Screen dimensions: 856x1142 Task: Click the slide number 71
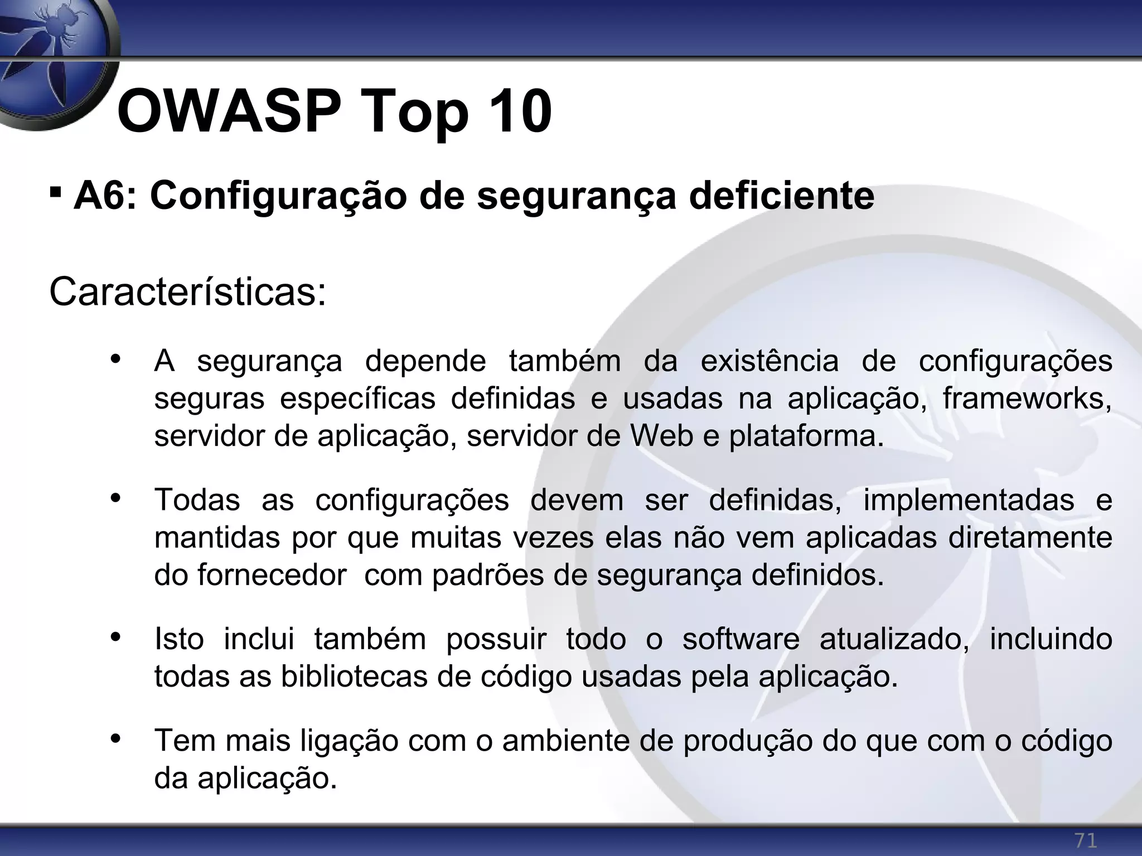click(x=1085, y=840)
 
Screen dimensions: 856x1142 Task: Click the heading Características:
click(x=187, y=292)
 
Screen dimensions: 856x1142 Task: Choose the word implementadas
click(x=969, y=500)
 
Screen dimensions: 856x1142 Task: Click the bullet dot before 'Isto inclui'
click(x=115, y=637)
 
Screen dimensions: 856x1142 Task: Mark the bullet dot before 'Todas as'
click(x=115, y=498)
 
